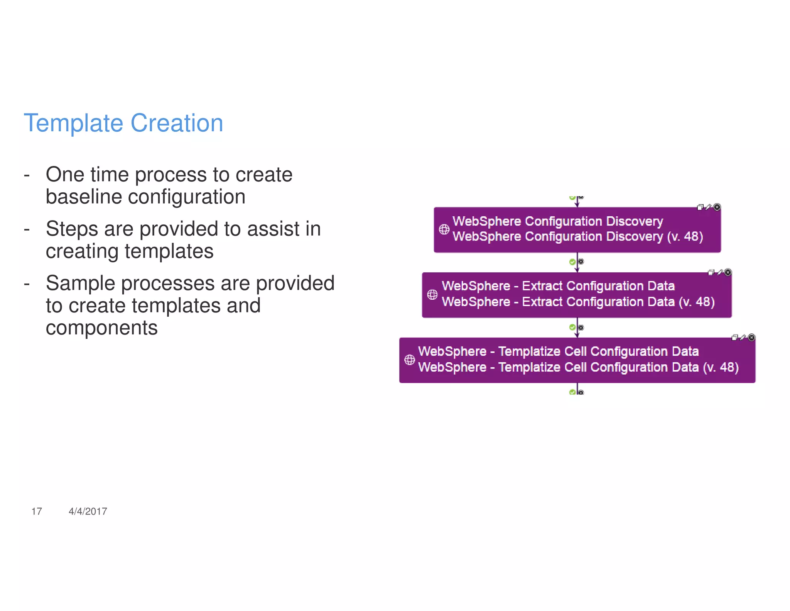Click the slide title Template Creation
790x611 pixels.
(123, 123)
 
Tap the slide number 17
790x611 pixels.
(37, 511)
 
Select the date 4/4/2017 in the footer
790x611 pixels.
(88, 511)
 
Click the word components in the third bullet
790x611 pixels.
(101, 328)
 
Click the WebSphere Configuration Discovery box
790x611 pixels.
(577, 230)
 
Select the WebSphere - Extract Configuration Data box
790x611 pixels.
(577, 295)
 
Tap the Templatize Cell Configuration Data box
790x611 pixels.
(577, 360)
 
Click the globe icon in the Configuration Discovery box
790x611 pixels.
(444, 229)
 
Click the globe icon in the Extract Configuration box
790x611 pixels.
(432, 295)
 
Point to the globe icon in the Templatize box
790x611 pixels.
(409, 360)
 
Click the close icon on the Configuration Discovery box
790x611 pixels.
(717, 207)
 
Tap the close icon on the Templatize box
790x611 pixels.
(751, 338)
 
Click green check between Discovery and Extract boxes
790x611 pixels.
(572, 262)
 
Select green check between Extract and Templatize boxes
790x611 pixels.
(572, 328)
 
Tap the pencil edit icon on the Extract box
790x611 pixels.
(719, 273)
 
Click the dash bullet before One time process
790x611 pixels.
(27, 175)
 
